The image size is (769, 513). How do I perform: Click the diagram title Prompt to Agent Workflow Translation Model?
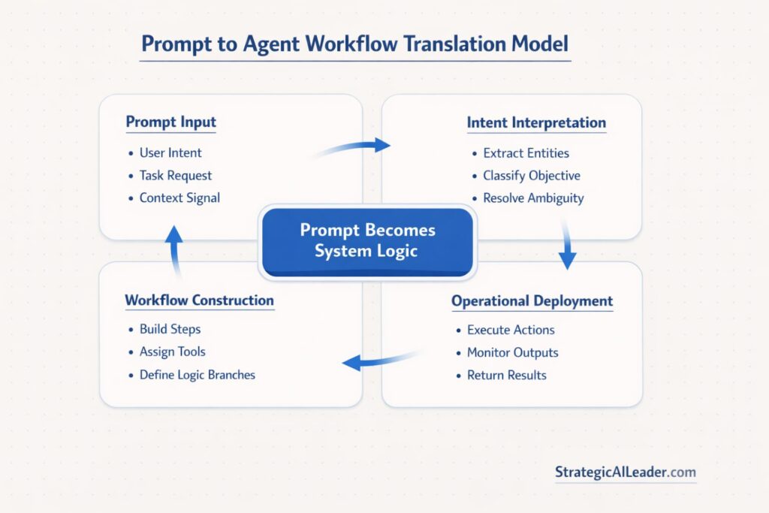(x=355, y=44)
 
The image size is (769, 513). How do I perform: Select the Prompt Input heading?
(x=170, y=122)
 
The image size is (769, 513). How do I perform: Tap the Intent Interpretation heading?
(x=536, y=122)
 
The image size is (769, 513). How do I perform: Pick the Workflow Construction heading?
(x=199, y=300)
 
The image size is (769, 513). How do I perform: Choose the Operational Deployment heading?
(x=532, y=301)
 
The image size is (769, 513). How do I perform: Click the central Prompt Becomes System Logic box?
(x=367, y=240)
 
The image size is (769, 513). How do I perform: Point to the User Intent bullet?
(x=170, y=152)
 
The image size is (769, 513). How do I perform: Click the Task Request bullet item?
(x=176, y=176)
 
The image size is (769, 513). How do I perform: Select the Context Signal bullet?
(x=179, y=198)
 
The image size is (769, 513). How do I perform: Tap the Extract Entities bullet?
(x=526, y=153)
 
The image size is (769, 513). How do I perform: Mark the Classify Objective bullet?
(x=531, y=176)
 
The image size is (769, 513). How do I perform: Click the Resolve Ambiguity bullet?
(x=533, y=198)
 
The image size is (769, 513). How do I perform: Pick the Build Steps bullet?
(x=170, y=329)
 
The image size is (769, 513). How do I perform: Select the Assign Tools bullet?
(x=172, y=352)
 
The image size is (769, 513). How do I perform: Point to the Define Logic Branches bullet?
(x=197, y=374)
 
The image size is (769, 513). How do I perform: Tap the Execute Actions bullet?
(x=511, y=330)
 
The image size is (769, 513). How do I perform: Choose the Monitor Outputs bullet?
(x=512, y=352)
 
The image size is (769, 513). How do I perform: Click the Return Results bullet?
(x=506, y=375)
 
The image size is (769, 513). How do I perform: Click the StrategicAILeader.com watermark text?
(x=625, y=472)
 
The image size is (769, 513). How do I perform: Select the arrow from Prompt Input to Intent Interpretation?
(x=353, y=147)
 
